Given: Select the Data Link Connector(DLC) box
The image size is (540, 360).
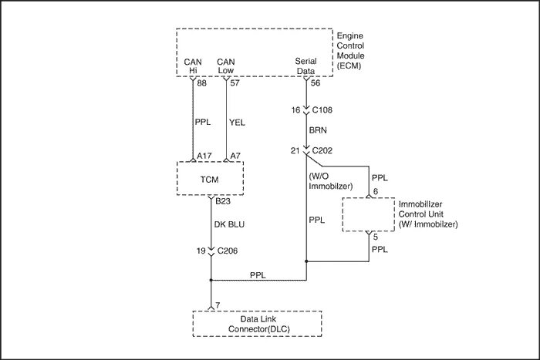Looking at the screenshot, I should point(257,324).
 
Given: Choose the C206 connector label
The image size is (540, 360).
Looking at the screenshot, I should point(228,251).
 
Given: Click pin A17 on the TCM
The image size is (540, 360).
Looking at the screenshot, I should point(204,156).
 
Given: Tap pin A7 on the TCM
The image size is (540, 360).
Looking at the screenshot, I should point(236,156).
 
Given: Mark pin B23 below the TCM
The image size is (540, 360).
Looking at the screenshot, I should point(223,202).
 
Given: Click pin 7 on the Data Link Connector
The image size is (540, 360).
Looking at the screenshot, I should point(218,306).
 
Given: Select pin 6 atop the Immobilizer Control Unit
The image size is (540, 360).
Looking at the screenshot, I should point(375,190).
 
